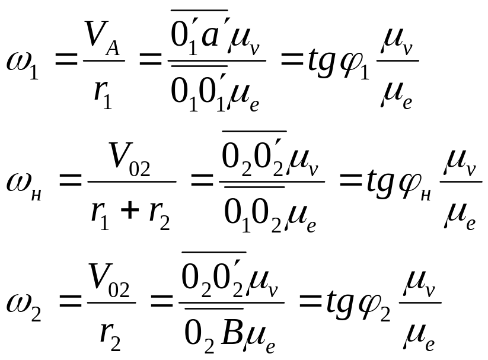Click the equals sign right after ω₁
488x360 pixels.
pos(66,60)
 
